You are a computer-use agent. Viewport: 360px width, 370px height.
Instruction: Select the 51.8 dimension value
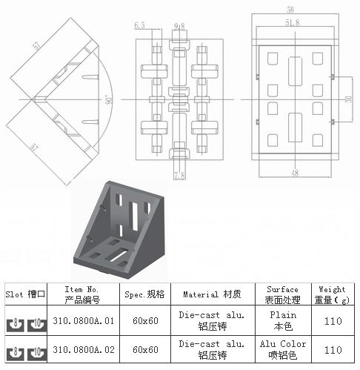point(296,24)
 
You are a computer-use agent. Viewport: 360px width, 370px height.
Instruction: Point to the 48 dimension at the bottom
point(296,173)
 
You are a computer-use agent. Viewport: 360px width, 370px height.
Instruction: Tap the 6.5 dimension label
point(140,25)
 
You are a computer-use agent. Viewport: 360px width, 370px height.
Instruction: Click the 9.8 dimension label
point(179,26)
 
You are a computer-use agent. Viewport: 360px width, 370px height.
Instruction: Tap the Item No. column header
point(81,294)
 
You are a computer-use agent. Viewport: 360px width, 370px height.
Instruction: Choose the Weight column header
point(331,294)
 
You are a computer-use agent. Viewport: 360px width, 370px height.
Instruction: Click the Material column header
point(213,294)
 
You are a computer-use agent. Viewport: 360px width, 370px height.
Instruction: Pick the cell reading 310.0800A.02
point(81,348)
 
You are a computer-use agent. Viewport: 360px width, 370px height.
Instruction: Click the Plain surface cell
point(281,320)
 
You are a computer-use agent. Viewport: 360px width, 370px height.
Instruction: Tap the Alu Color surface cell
point(281,348)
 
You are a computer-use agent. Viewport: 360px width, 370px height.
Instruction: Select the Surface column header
point(281,294)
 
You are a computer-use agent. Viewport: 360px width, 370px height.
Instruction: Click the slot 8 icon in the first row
point(13,322)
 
